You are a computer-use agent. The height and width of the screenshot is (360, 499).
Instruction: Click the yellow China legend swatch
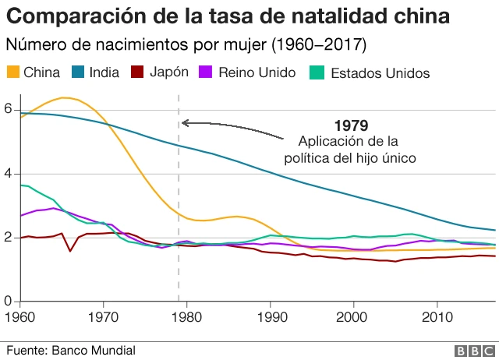point(12,72)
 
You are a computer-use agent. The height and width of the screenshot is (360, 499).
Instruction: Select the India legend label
point(104,72)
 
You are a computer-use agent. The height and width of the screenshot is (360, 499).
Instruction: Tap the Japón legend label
point(169,72)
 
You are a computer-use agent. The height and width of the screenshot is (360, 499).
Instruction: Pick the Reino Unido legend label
point(257,72)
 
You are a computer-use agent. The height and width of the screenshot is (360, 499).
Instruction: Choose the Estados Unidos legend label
point(380,73)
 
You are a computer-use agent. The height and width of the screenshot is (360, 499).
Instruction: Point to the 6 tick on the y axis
point(8,110)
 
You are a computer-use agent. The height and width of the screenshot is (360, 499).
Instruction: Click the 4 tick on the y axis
point(8,174)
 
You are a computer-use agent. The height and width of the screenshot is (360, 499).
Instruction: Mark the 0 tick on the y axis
point(8,301)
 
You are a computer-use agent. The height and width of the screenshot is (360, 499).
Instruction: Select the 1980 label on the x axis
point(186,317)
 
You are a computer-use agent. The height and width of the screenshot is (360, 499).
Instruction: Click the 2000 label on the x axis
point(353,317)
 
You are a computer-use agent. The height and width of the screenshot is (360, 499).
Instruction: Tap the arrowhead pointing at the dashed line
point(185,122)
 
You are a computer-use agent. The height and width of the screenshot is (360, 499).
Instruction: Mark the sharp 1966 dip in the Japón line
point(70,250)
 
